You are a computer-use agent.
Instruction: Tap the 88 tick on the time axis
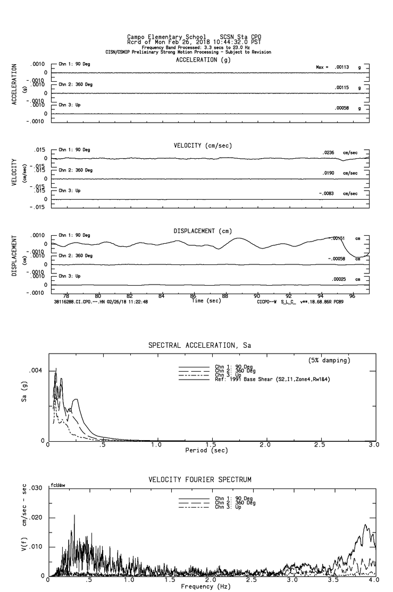pos(225,295)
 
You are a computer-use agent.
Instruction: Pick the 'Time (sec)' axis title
pos(206,301)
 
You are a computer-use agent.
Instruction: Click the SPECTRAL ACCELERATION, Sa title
pos(199,346)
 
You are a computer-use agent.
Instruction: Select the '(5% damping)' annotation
pos(329,361)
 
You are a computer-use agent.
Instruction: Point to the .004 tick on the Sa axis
pos(36,371)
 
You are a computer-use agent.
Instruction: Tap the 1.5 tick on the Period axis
pos(211,444)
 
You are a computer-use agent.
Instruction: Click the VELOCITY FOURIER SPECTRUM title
pos(199,480)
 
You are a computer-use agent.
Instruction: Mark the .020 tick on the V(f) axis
pos(35,518)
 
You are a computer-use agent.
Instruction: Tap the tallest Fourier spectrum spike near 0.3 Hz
pos(74,516)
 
